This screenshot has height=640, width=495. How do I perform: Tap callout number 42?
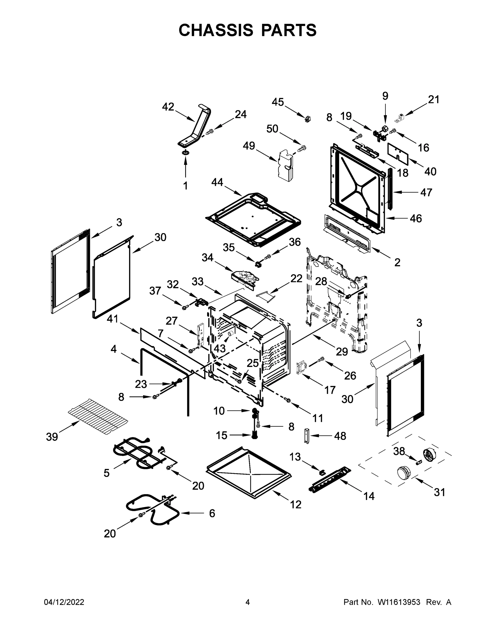(168, 107)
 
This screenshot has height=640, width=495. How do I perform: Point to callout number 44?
(217, 182)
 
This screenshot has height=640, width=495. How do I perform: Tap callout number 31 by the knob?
(439, 492)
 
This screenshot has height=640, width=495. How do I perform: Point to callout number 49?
(249, 146)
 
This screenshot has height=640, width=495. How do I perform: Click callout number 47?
(426, 192)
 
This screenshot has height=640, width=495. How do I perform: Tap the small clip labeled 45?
(307, 119)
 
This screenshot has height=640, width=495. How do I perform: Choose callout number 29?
(342, 351)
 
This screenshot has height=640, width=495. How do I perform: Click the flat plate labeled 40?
(398, 152)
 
